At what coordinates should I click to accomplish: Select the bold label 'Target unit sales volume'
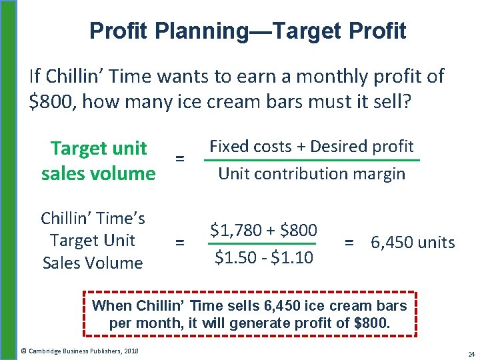98,160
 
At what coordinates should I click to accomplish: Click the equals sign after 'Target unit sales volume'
179,159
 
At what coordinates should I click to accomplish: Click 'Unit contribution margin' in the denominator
311,174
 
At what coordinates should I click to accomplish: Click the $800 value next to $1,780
298,231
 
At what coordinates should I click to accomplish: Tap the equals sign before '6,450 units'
349,243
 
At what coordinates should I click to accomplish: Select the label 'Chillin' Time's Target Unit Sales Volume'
93,240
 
